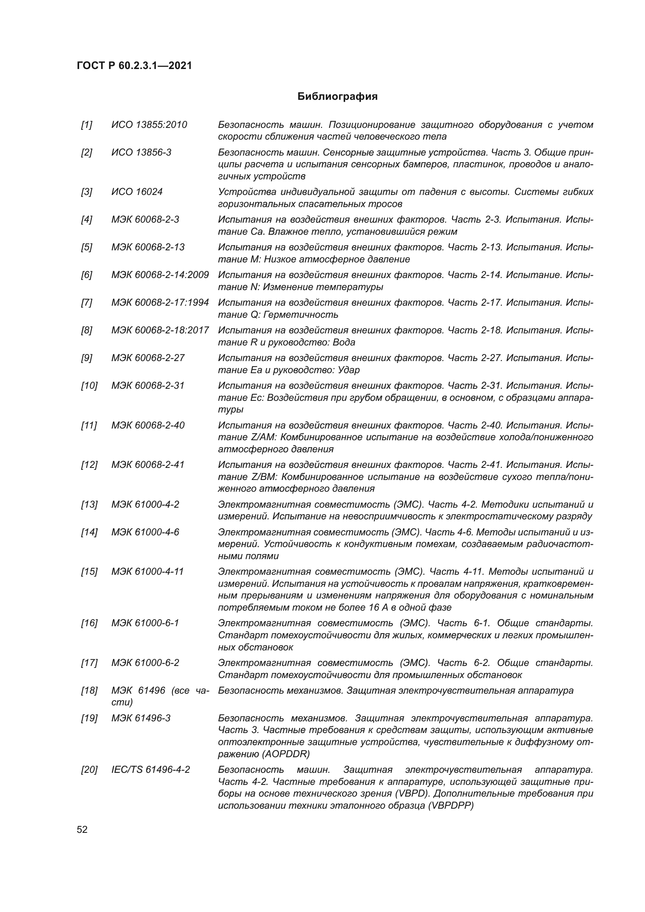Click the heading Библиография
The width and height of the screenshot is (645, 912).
coord(337,97)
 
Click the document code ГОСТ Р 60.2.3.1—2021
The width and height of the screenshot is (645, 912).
coord(134,66)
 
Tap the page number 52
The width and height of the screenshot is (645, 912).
coord(82,829)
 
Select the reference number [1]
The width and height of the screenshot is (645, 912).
coord(86,125)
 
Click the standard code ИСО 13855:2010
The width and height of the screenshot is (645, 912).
coord(149,125)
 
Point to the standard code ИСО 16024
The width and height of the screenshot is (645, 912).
coord(136,192)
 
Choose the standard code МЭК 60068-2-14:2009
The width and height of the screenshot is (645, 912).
coord(159,275)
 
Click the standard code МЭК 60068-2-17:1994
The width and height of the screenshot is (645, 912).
coord(159,303)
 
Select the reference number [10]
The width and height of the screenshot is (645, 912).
coord(89,386)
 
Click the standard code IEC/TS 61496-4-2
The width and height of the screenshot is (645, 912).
coord(151,770)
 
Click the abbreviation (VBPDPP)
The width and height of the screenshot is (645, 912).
coord(451,806)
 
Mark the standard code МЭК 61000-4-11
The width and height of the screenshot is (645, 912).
coord(147,572)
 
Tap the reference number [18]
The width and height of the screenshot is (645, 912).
coord(89,691)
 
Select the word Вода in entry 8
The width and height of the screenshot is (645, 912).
coord(344,342)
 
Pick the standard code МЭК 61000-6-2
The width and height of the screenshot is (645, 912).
coord(145,663)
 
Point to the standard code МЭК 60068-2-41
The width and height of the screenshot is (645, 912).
coord(148,465)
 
